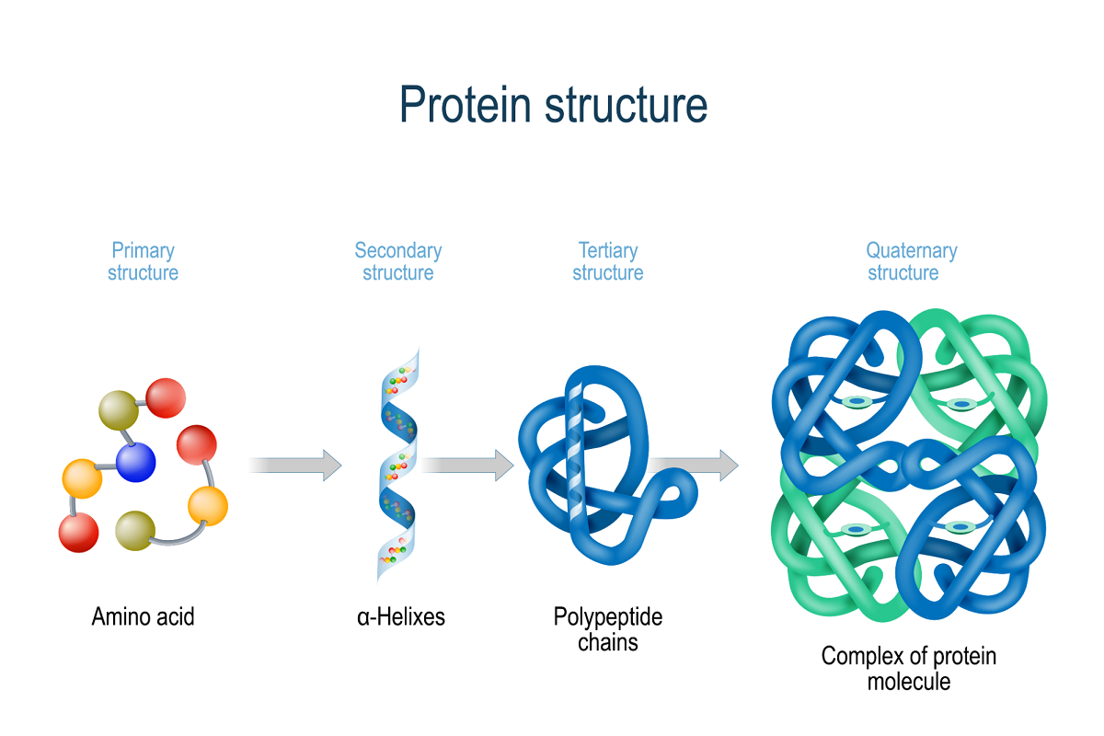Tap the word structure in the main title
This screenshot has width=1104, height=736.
click(x=626, y=105)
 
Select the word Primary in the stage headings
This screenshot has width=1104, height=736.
click(x=143, y=250)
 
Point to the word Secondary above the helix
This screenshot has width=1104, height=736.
click(x=398, y=250)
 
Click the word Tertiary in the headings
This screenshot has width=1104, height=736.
click(x=608, y=250)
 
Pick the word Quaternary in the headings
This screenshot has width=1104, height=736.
click(x=912, y=250)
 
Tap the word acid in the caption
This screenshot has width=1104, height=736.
click(x=175, y=616)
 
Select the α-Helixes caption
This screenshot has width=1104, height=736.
click(x=401, y=616)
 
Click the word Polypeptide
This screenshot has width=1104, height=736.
click(x=608, y=616)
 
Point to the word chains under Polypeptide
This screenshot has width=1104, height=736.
click(x=608, y=641)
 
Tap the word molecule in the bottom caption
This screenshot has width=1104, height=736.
click(x=909, y=682)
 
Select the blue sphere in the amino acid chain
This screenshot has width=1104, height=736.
click(x=136, y=462)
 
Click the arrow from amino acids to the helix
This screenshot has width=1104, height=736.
click(x=295, y=465)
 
